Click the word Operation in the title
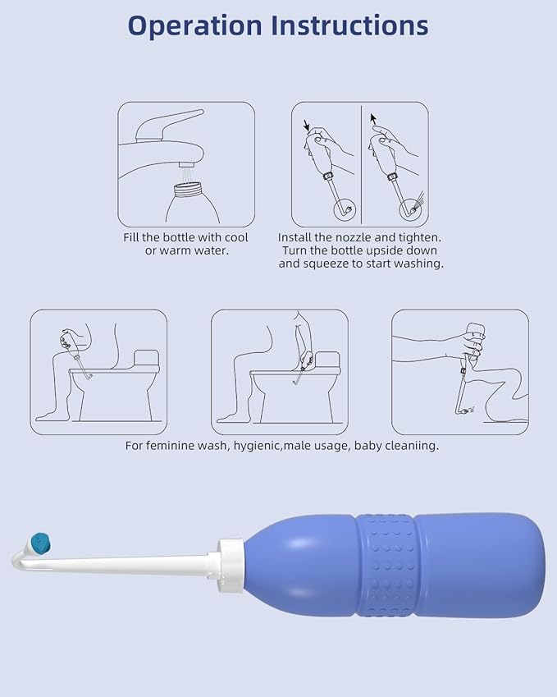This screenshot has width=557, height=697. click(196, 25)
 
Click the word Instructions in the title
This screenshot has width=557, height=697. click(351, 25)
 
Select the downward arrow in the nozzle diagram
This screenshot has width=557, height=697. click(306, 126)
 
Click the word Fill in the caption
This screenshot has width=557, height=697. click(135, 237)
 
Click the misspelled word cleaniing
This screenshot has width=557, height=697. click(410, 446)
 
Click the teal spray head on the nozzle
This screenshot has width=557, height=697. click(39, 541)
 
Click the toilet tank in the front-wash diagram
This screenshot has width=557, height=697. click(145, 359)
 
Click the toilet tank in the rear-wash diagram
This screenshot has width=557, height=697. click(327, 360)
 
